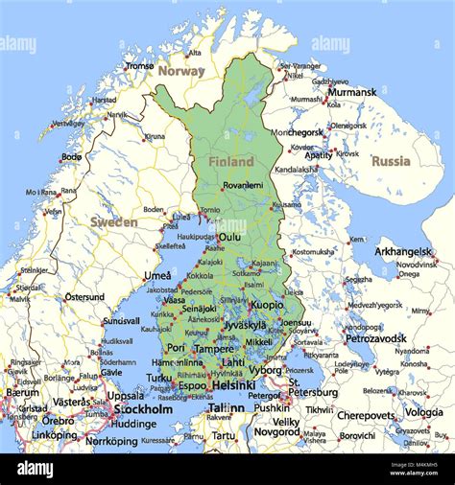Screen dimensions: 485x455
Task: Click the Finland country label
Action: [231, 162]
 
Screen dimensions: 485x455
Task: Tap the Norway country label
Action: [181, 71]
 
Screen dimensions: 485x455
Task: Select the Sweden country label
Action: [114, 221]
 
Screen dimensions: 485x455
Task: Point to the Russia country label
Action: [391, 161]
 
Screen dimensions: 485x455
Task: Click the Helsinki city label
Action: [233, 384]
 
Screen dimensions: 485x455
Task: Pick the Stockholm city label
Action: [143, 409]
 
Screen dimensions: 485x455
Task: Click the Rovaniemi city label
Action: [242, 186]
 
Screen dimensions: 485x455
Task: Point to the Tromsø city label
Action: [139, 66]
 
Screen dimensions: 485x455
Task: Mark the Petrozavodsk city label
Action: [376, 337]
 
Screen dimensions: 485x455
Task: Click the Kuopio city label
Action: [267, 305]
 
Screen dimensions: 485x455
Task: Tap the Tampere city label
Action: [213, 348]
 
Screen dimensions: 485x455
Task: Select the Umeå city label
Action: [157, 275]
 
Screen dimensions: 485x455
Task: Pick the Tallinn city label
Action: [227, 407]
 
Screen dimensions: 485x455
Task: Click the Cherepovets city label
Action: [366, 415]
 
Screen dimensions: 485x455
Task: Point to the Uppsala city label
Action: [126, 395]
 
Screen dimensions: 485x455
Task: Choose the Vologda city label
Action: [423, 412]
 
